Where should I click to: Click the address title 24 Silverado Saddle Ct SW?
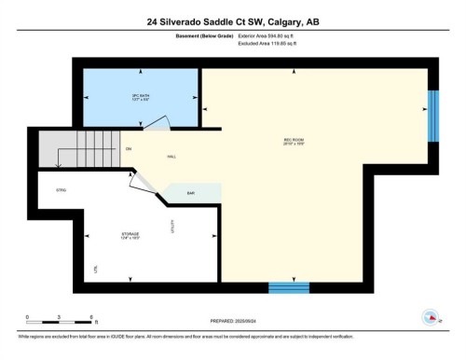coord(233,21)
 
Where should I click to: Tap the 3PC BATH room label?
coord(141,96)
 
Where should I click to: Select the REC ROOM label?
coord(295,143)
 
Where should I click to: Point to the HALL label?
coord(171,157)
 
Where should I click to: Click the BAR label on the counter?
coord(190,193)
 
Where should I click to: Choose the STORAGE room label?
coord(130,236)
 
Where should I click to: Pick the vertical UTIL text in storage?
coord(96,269)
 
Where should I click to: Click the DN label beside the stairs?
coord(128,148)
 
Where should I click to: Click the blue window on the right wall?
coord(432,116)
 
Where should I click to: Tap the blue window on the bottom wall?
coord(288,287)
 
